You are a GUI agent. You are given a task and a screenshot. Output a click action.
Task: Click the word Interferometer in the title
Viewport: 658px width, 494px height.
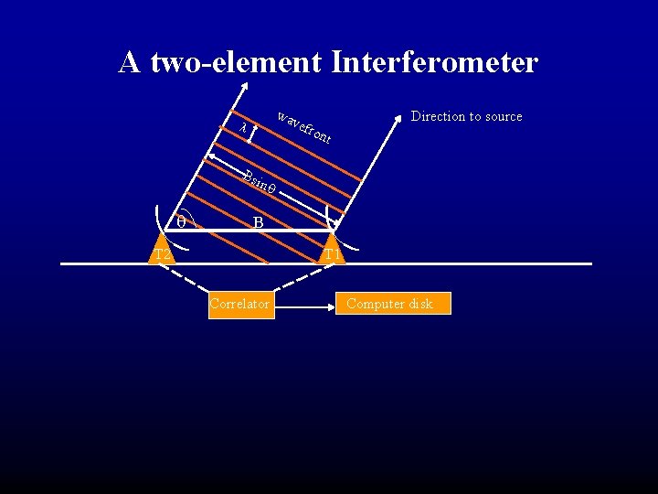coord(435,62)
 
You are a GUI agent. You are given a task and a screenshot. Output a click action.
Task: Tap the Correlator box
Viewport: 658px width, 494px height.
coord(239,304)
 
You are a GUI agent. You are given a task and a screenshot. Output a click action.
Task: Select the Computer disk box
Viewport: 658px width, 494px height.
coord(396,304)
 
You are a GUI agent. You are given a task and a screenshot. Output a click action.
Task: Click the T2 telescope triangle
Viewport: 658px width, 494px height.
coord(162,250)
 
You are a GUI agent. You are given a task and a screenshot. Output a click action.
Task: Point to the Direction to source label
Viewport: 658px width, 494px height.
coord(466,116)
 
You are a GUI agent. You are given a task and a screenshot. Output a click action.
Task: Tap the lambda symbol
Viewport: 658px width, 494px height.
coord(242,129)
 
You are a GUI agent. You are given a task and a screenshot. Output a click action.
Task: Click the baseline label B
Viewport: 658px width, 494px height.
coord(259,222)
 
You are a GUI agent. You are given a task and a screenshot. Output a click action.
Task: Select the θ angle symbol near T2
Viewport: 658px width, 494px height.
coord(181,221)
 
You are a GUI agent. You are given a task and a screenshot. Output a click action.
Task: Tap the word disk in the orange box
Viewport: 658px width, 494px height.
coord(421,304)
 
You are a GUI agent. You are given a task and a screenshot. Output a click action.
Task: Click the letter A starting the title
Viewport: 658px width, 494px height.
coord(129,62)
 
